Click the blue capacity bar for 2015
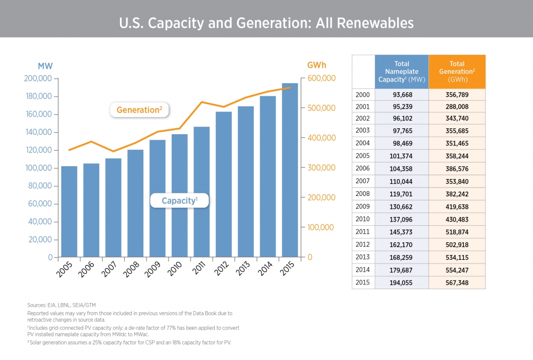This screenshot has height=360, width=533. point(290,170)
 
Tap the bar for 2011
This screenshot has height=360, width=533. point(201,192)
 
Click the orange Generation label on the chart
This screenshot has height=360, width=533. point(140,110)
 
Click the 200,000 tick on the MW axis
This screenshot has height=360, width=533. point(38,79)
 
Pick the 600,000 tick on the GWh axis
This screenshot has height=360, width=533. point(321,79)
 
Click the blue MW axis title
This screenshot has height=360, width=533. point(45,66)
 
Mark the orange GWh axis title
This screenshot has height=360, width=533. point(317,66)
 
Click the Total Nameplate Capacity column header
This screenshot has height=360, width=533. point(401,71)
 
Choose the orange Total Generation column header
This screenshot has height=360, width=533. point(457,71)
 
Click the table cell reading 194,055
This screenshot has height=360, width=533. point(401,283)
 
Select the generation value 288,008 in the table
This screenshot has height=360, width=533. point(457,107)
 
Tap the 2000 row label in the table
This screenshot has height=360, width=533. point(363,94)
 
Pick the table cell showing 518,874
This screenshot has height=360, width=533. point(457,232)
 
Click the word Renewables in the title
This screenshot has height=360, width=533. point(381,23)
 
